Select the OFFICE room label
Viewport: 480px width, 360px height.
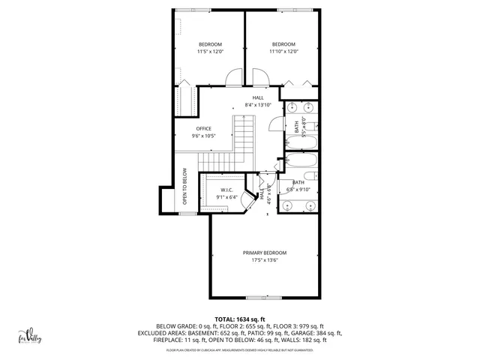[204, 132]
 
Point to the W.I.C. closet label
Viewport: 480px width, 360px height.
[226, 193]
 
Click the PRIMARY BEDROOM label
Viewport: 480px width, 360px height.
[265, 256]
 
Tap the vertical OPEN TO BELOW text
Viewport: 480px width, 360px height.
[185, 185]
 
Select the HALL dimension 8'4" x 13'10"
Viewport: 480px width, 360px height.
[257, 105]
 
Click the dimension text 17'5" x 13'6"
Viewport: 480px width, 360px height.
[265, 261]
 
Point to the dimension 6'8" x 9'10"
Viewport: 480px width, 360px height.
[298, 190]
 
